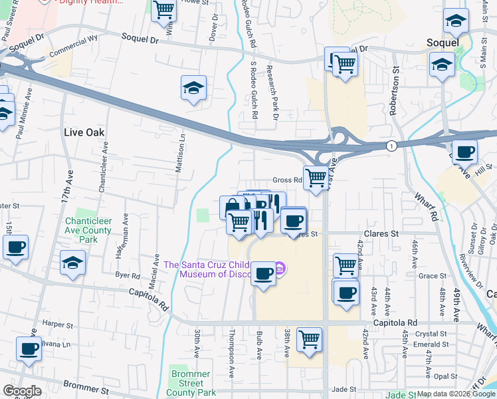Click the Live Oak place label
click(84, 132)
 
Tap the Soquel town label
click(443, 43)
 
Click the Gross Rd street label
click(286, 180)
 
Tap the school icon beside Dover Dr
click(193, 88)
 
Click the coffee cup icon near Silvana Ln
click(29, 348)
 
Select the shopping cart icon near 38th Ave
click(310, 339)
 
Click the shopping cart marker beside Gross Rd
click(316, 178)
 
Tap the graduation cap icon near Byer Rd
click(72, 262)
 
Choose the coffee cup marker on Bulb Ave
click(264, 273)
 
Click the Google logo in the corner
click(22, 391)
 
